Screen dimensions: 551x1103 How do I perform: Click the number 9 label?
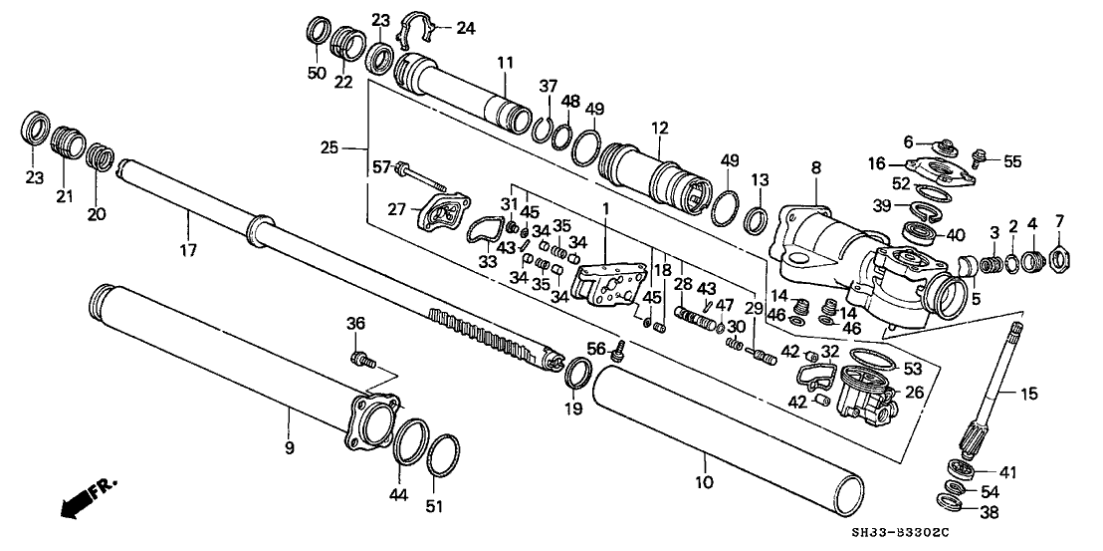tap(290, 449)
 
